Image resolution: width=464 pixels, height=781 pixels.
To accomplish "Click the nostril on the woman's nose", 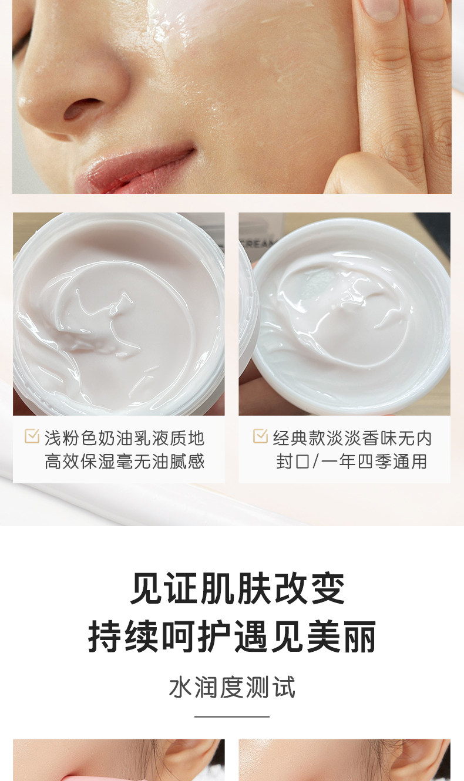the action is [x=83, y=109].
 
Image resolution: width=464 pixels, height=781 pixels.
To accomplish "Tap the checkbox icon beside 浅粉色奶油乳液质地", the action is [x=32, y=436].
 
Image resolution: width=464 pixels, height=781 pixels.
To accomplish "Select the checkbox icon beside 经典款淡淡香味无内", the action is [x=260, y=436].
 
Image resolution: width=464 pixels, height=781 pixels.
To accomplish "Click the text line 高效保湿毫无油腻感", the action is [x=125, y=462].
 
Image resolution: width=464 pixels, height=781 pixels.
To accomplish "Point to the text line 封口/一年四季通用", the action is [x=352, y=462].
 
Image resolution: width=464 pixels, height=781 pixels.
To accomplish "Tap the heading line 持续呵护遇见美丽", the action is [x=232, y=638].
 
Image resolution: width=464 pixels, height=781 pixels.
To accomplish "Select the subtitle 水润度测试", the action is [x=232, y=687].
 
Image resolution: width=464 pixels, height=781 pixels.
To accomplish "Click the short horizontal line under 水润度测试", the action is [x=232, y=717].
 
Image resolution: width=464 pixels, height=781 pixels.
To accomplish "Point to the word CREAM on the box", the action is [x=257, y=244].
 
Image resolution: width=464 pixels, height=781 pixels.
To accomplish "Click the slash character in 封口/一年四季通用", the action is [x=315, y=462].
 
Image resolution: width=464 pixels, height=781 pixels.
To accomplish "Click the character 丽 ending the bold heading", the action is [x=359, y=638].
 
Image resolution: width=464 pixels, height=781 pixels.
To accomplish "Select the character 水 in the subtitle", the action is [x=180, y=687].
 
